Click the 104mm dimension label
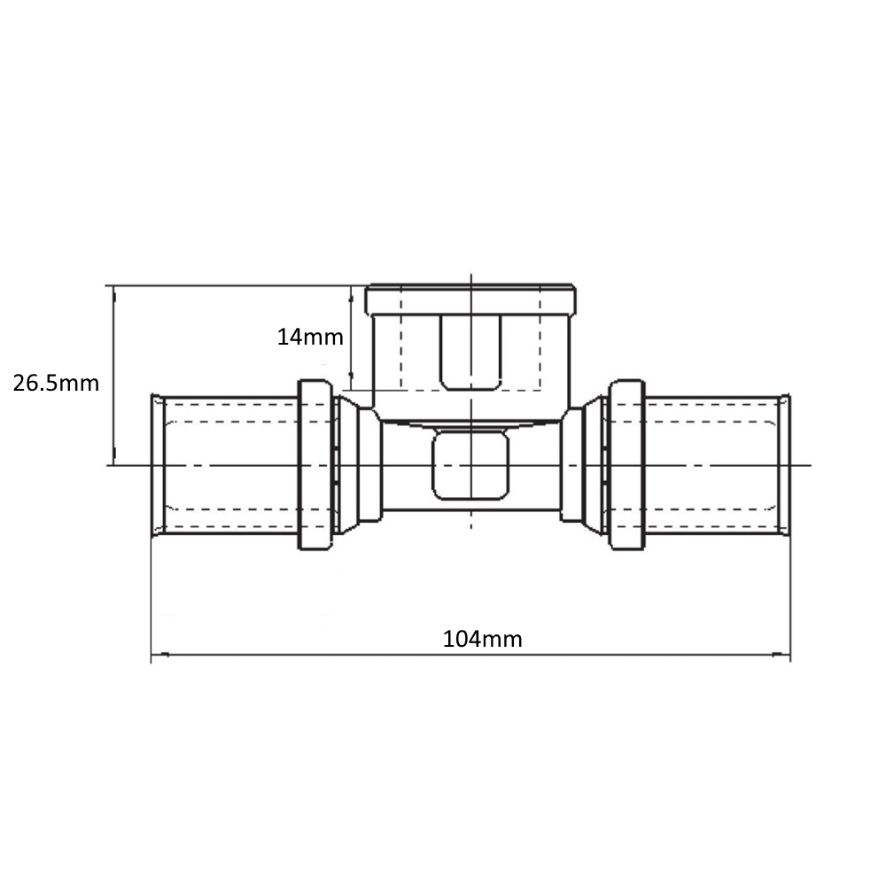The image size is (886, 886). (x=482, y=639)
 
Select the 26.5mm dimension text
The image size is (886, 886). (x=56, y=384)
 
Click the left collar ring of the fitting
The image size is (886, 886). (x=315, y=466)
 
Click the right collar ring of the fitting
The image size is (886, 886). (x=626, y=466)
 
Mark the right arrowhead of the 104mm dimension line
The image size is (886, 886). (x=785, y=657)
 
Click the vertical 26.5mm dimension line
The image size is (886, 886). (x=114, y=372)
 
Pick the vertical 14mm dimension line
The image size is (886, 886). (x=354, y=337)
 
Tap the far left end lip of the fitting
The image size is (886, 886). (x=156, y=466)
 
